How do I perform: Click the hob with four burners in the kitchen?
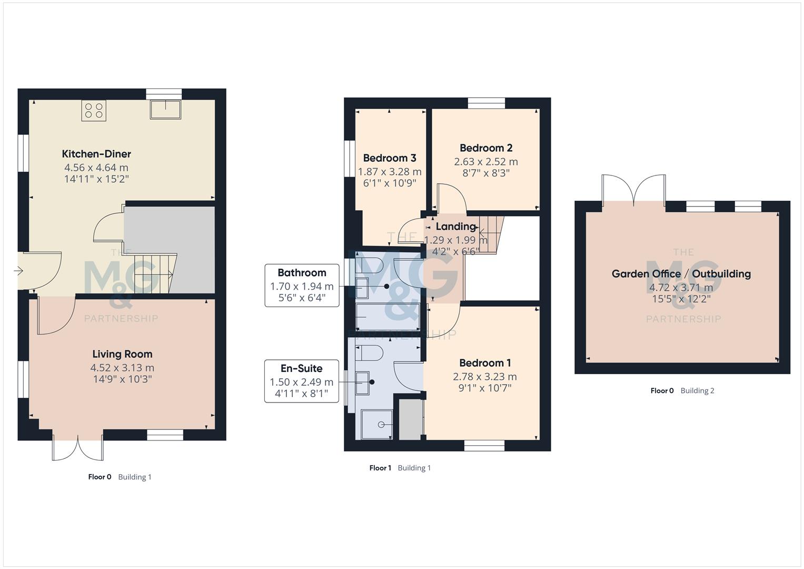click(94, 111)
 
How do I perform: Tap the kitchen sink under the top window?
click(165, 109)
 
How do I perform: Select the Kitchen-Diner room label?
click(96, 154)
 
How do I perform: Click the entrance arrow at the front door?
click(18, 271)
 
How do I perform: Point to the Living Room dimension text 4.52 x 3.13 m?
click(122, 368)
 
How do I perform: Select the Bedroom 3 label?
click(390, 158)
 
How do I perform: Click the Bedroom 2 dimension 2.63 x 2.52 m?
click(486, 162)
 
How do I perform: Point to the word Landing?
click(455, 227)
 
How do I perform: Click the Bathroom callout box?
click(302, 286)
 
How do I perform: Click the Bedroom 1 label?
click(485, 363)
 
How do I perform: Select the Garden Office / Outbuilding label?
click(681, 274)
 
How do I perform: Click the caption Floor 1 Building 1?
click(400, 468)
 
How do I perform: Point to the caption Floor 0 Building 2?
click(682, 390)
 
